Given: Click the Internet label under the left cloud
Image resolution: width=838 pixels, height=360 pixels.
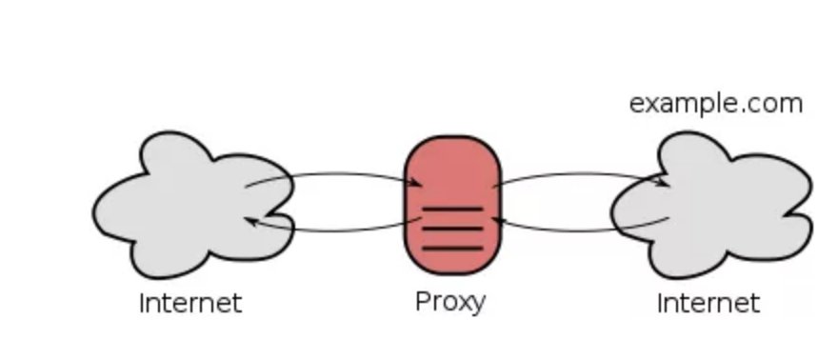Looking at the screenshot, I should (190, 304).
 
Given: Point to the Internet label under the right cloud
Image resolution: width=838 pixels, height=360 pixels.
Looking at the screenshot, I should (708, 304).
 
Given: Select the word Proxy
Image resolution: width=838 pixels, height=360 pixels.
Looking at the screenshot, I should (450, 302).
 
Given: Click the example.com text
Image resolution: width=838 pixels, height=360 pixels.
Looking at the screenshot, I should (716, 103).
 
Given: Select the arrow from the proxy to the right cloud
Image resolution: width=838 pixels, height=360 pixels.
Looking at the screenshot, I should (581, 174).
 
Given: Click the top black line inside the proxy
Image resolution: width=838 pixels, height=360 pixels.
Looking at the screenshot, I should (452, 209).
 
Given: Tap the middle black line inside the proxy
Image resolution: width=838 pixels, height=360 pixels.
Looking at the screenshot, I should (452, 229).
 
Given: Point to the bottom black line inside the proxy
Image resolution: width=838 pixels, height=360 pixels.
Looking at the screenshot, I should (452, 249).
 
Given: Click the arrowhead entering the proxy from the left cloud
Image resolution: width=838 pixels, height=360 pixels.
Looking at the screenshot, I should (416, 184).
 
